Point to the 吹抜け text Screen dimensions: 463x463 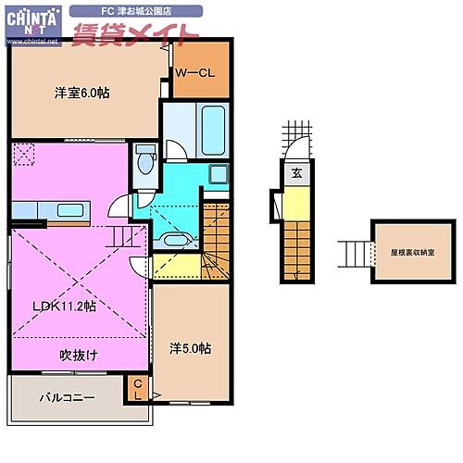(x=79, y=354)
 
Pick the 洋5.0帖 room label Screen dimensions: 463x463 (x=190, y=348)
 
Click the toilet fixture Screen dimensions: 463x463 (x=144, y=161)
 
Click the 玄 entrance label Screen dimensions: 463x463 (x=296, y=172)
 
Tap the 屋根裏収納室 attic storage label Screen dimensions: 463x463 (x=404, y=249)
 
